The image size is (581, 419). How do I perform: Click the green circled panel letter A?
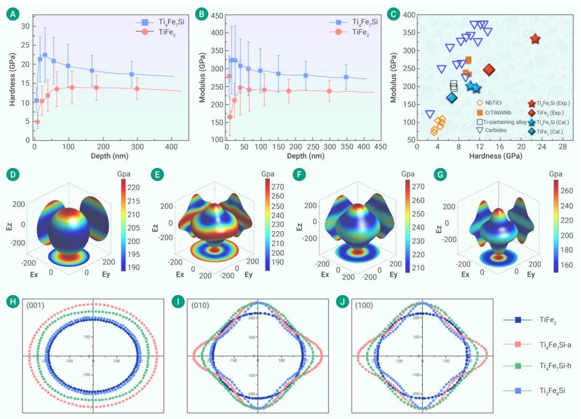tap(11, 14)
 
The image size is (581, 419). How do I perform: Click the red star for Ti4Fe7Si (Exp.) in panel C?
tap(535, 39)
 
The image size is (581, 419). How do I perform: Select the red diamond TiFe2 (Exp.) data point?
tap(489, 70)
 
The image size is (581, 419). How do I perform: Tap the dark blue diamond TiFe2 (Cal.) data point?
tap(451, 98)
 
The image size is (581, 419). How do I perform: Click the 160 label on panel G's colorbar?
tap(566, 264)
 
